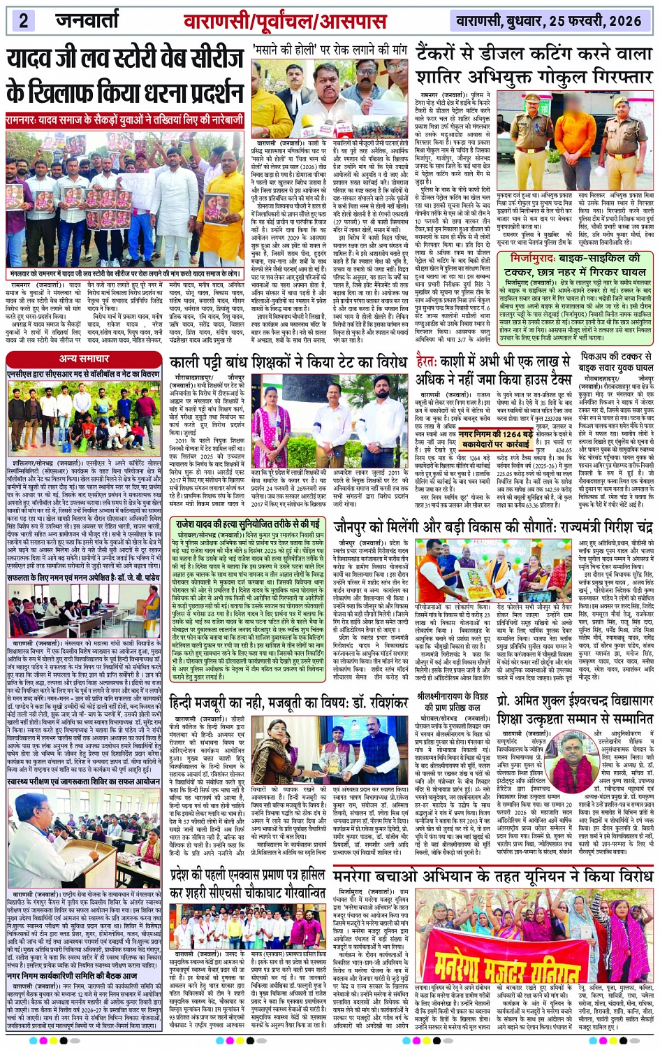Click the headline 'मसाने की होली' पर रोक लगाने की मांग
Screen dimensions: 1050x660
[x=330, y=50]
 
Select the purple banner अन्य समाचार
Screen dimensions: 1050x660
[x=84, y=359]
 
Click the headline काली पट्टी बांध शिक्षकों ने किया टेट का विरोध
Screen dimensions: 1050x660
[x=288, y=363]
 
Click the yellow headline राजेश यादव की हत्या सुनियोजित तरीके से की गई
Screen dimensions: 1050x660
[x=247, y=523]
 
